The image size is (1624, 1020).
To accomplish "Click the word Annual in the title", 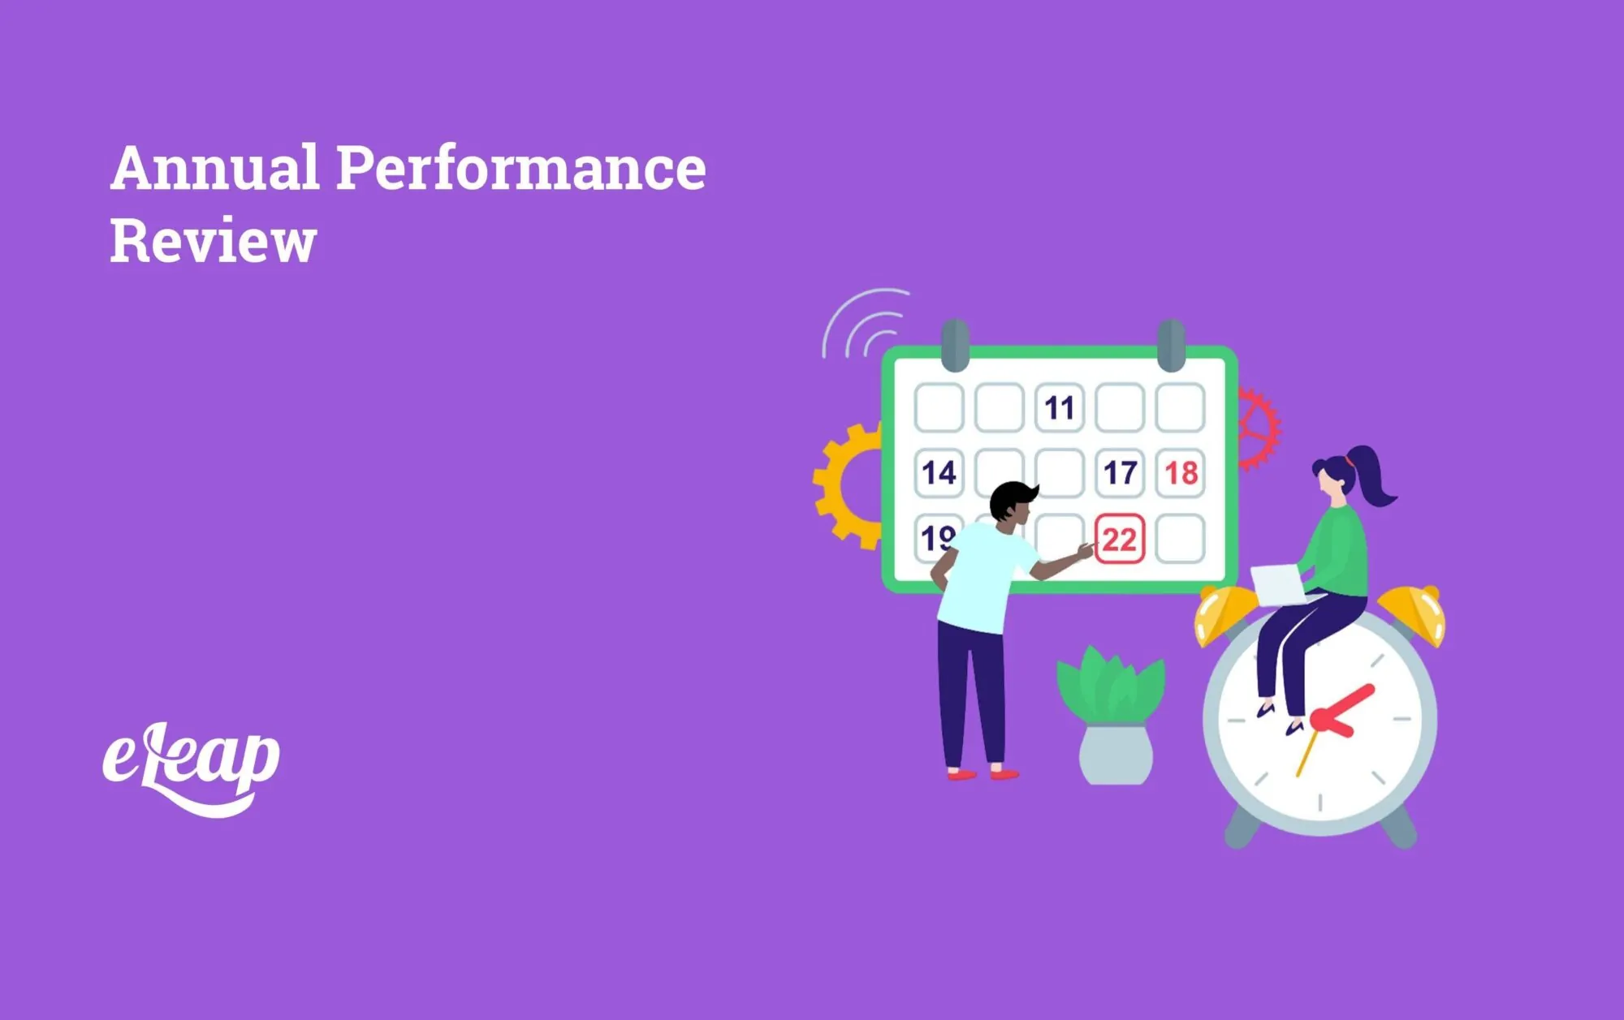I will coord(214,169).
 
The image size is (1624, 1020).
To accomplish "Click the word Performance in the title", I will coord(520,169).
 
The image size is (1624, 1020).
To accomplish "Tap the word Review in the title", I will coord(213,241).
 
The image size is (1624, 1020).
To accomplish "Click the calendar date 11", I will coord(1059,408).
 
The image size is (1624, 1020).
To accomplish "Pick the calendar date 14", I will coord(939,473).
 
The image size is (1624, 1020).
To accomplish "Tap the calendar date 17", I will coord(1120,473).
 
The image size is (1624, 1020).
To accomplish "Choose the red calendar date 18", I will coord(1180,473).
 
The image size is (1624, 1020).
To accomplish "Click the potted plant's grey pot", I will coord(1116,755).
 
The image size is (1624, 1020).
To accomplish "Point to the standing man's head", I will coord(1012,501).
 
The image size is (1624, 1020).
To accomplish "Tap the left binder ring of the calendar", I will coord(955,345).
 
